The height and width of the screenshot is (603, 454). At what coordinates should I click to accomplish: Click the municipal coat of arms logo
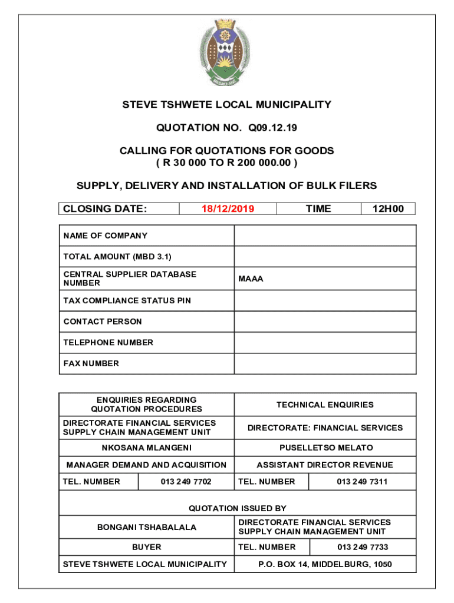click(227, 51)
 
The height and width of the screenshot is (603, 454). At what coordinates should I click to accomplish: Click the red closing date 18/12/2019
click(228, 208)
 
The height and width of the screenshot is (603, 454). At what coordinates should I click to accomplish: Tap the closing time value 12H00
click(388, 208)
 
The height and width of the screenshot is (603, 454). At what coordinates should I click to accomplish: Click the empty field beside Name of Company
click(325, 236)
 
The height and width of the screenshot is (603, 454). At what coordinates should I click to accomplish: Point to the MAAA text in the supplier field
click(251, 279)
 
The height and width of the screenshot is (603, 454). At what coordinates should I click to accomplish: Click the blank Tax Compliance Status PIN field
click(325, 300)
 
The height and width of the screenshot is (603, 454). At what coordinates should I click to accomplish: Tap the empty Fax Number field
click(325, 363)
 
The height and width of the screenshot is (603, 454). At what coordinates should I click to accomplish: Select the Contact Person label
click(103, 322)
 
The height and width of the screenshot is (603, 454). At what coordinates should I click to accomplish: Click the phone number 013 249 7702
click(186, 482)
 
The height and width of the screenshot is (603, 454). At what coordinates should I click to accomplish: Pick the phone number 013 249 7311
click(362, 482)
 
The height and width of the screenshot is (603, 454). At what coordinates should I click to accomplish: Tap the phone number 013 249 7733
click(363, 547)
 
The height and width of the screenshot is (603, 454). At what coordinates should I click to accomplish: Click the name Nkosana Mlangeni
click(146, 448)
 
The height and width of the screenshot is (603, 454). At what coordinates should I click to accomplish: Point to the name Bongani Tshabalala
click(146, 527)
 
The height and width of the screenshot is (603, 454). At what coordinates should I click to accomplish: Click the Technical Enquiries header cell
click(325, 405)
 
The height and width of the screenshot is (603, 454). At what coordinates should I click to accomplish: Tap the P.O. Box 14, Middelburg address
click(325, 564)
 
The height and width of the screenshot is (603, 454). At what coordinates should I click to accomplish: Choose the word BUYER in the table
click(146, 547)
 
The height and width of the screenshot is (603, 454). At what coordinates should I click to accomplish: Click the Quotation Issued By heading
click(238, 508)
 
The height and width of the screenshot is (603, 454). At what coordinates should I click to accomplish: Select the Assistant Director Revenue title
click(325, 465)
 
